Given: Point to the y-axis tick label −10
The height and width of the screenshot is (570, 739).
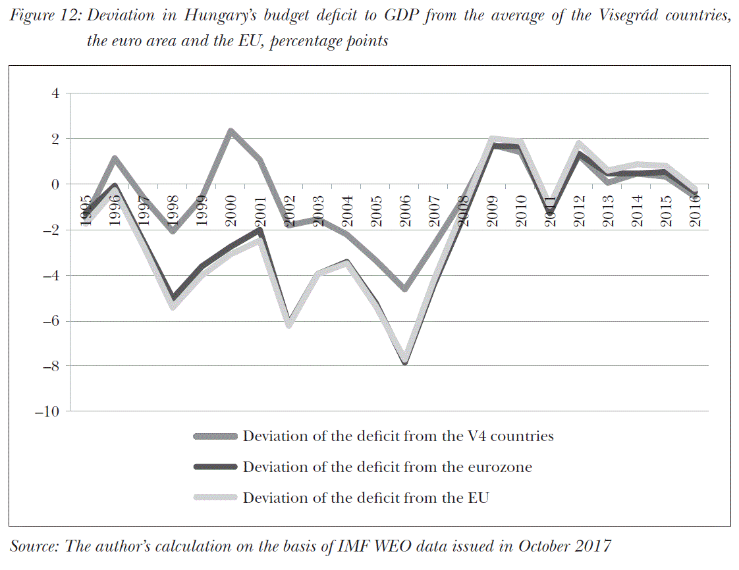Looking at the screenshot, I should [46, 411].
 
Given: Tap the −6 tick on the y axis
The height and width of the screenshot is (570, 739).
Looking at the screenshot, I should [50, 321].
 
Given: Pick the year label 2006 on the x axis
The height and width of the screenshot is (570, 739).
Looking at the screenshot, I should [406, 211].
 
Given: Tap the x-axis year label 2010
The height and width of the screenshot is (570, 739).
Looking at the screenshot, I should [522, 211].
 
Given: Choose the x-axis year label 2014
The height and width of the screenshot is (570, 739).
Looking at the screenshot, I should [638, 211].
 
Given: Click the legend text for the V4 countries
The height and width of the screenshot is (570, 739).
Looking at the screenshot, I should [398, 436].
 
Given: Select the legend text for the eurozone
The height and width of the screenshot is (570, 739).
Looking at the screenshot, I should [387, 467].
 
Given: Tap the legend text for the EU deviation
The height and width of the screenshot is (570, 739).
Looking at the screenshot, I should [366, 498].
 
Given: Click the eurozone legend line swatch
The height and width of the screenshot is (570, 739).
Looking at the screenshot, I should [215, 467].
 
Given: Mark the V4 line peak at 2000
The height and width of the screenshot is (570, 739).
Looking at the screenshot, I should [231, 131].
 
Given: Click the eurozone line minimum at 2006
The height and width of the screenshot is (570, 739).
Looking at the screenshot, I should [405, 363].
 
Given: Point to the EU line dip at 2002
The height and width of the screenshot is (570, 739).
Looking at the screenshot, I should [289, 324].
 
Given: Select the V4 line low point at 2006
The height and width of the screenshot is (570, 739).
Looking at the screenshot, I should [405, 289].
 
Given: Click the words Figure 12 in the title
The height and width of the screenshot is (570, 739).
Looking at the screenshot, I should [45, 16].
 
